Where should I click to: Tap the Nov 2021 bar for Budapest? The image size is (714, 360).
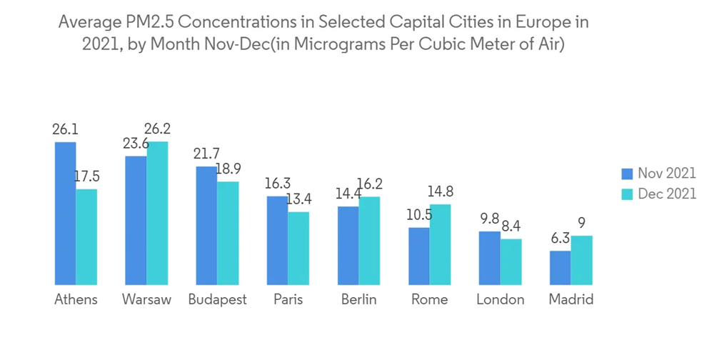[x=206, y=226]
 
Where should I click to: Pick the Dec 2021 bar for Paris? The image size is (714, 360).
[x=299, y=248]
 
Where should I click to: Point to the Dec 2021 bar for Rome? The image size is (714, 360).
[x=441, y=244]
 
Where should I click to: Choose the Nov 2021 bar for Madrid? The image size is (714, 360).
[x=560, y=267]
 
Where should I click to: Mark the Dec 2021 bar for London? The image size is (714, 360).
[x=511, y=261]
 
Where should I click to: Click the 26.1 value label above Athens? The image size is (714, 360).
[x=65, y=130]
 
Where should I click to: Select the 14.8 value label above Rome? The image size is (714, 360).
[x=441, y=192]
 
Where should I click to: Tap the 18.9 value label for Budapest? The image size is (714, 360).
[x=228, y=169]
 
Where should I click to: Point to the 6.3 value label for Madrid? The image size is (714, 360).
[x=560, y=239]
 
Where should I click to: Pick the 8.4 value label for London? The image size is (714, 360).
[x=511, y=226]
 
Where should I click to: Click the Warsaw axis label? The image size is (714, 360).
[x=146, y=299]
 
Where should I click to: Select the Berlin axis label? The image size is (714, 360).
[x=358, y=299]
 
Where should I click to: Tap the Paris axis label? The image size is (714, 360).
[x=288, y=299]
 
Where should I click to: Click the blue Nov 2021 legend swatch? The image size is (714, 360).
[x=628, y=174]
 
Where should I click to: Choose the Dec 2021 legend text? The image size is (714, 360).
[x=667, y=194]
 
